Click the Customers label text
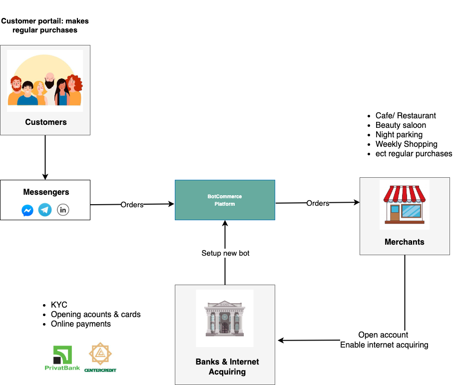(x=45, y=122)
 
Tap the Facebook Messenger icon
(x=27, y=211)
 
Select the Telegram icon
(x=45, y=210)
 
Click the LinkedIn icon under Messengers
(x=63, y=210)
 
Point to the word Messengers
(x=46, y=192)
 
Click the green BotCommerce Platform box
(x=225, y=200)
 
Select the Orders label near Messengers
(x=132, y=205)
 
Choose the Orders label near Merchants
(x=318, y=203)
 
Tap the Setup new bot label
(x=225, y=253)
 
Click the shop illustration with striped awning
(x=404, y=204)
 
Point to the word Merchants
(x=404, y=242)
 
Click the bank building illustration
(x=224, y=318)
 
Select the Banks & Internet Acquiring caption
(x=227, y=367)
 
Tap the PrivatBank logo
(x=62, y=358)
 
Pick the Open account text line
(x=383, y=335)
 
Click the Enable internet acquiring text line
(x=384, y=345)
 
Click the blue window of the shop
(x=412, y=211)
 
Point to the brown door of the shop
(x=395, y=213)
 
